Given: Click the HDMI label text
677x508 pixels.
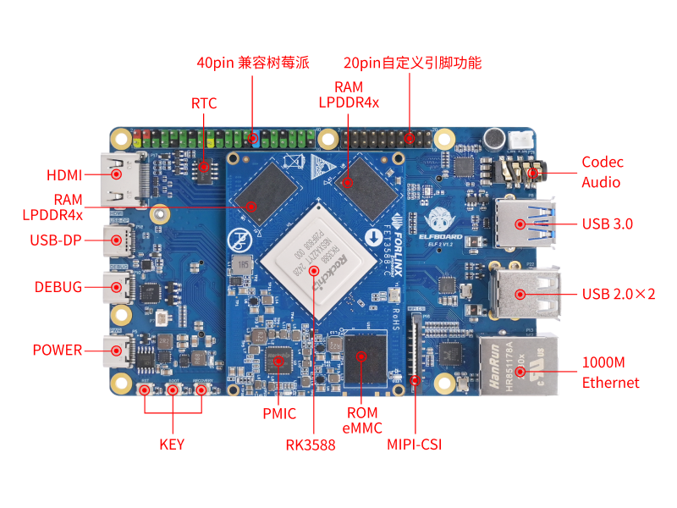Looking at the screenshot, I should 64,175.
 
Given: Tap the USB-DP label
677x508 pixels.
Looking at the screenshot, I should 56,240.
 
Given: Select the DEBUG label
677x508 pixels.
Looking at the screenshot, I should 58,287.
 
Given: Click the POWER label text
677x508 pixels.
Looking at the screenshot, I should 58,350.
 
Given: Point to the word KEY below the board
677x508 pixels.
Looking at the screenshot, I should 172,444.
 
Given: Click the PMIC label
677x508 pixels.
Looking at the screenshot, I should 279,413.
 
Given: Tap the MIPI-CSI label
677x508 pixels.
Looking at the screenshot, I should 415,444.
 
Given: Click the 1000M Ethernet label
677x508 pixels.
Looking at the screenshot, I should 610,373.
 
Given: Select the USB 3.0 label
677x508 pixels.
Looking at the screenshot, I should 608,224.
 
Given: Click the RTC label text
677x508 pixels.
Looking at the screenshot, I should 204,103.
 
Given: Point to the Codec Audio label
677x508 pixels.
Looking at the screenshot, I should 602,172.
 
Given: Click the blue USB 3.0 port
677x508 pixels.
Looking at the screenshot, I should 521,223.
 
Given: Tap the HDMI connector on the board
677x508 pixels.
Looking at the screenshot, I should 117,176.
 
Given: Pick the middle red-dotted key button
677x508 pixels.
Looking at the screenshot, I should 173,389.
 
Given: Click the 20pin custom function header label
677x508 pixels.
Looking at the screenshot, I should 412,63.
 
